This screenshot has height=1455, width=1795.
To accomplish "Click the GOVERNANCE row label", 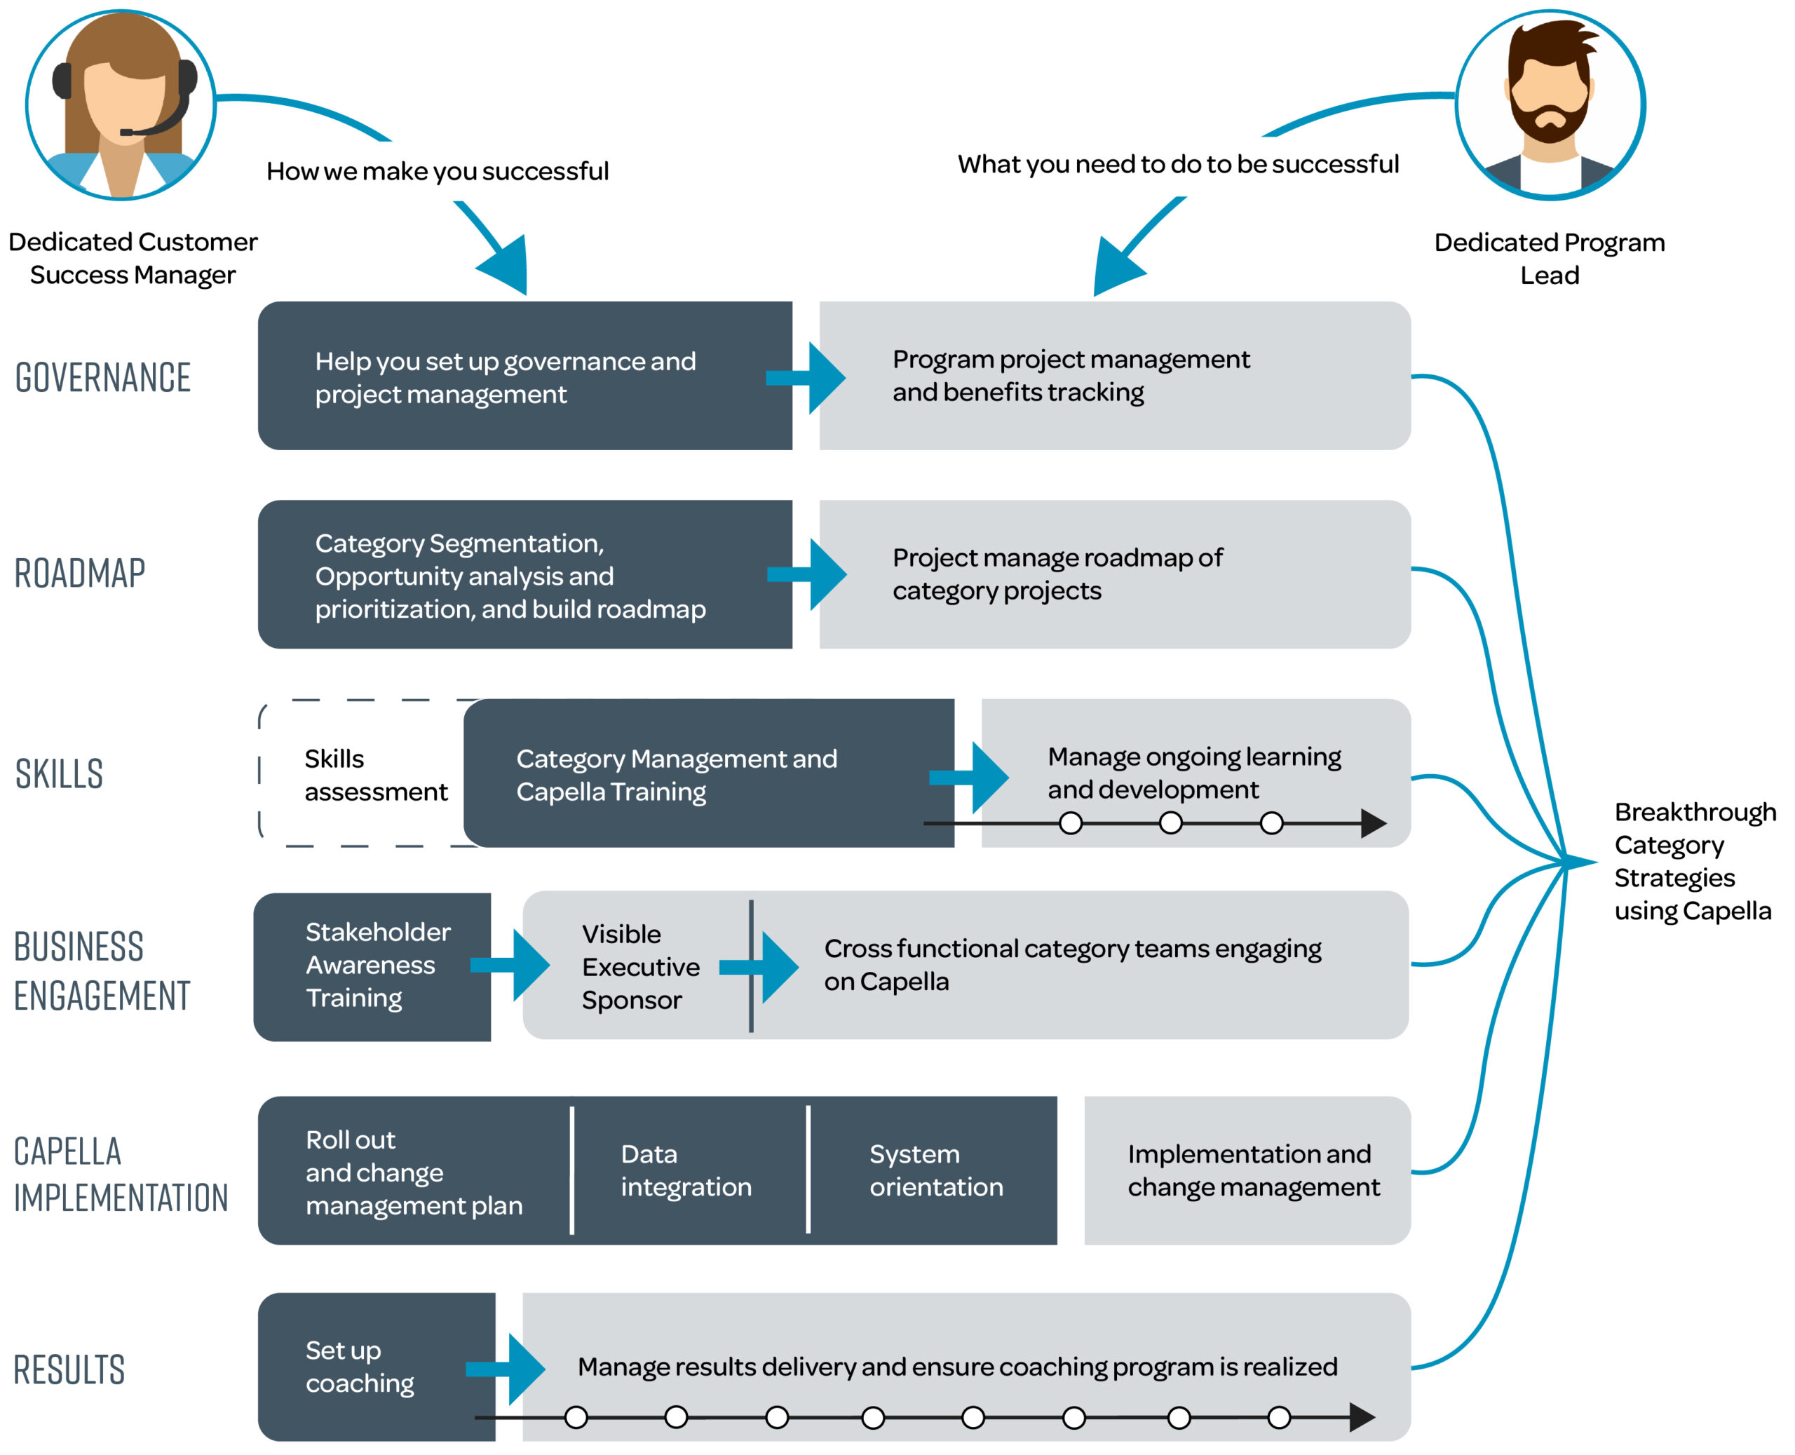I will tap(103, 377).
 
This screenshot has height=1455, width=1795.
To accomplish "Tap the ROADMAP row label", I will tap(81, 574).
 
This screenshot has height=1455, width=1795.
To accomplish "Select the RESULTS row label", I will tap(69, 1369).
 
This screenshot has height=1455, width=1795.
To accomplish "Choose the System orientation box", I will tap(935, 1170).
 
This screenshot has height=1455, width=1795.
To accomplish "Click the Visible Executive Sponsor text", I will tap(640, 966).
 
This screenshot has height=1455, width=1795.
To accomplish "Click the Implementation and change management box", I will tap(1252, 1170).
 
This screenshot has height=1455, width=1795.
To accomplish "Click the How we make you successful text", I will tap(437, 171).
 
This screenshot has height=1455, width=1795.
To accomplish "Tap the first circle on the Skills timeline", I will tap(1070, 823).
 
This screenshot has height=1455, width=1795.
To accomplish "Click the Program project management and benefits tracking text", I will tap(1070, 375).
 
